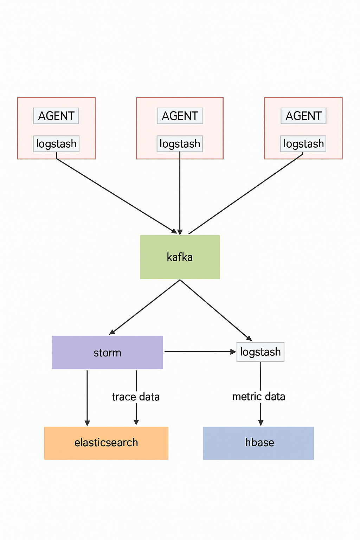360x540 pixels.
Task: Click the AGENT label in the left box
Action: tap(56, 116)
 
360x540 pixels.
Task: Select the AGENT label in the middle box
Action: tap(180, 116)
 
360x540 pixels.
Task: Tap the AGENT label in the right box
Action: tap(304, 116)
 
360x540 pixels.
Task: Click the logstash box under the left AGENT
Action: tap(56, 144)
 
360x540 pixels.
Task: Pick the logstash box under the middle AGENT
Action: tap(180, 144)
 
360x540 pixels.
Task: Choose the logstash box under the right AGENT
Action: tap(303, 144)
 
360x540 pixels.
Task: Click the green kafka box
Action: tap(180, 257)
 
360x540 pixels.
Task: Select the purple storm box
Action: tap(107, 352)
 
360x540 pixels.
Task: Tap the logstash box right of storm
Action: tap(261, 352)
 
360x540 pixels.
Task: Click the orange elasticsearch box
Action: tap(106, 443)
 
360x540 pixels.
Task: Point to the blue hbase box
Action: tap(258, 443)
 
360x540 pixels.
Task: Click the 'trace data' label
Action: tap(136, 397)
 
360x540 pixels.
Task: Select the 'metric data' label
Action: tap(259, 397)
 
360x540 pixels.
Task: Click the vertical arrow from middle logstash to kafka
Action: tap(180, 193)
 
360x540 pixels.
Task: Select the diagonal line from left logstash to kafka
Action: tap(116, 195)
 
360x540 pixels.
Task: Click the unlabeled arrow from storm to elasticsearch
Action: tap(87, 397)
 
